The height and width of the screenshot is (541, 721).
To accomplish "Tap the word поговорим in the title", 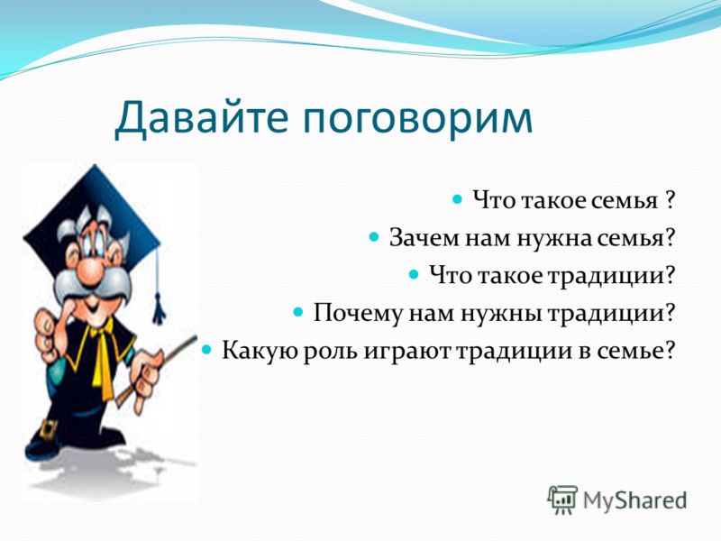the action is click(417, 120).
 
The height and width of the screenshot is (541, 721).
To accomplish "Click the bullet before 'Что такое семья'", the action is click(457, 199).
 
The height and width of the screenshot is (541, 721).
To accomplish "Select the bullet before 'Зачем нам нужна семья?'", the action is click(374, 237).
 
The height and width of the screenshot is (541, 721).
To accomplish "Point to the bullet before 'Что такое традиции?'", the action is click(414, 275).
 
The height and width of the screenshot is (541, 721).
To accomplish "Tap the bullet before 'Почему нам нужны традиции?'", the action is click(298, 313).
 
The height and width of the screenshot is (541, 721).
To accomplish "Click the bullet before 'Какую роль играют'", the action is click(207, 351).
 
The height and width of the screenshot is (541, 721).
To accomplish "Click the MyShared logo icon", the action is click(561, 500).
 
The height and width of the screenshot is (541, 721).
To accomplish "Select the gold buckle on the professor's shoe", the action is click(49, 430).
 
